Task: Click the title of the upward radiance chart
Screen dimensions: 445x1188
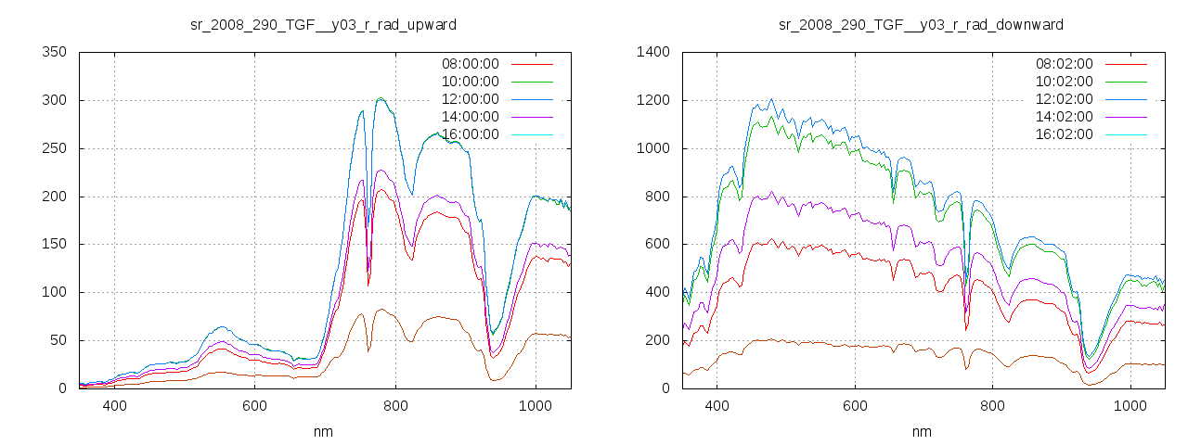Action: pos(323,23)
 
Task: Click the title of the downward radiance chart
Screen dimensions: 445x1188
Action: pos(921,23)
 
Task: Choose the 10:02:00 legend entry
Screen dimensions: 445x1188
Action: pos(1064,82)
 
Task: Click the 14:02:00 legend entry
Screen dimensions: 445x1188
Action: pos(1064,117)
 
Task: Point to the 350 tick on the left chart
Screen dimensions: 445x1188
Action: pos(53,52)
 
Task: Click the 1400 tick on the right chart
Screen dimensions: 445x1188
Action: pos(652,52)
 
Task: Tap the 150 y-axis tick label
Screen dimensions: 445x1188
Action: pos(53,244)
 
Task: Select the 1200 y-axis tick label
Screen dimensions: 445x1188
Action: pos(652,100)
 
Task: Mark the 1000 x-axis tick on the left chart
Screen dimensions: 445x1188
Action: pos(536,405)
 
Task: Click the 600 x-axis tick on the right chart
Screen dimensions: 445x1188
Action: pos(855,405)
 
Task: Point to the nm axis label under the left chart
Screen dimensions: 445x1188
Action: pos(324,431)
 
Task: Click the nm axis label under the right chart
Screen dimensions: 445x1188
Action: pos(922,431)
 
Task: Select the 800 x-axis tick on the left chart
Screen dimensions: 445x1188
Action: pos(395,405)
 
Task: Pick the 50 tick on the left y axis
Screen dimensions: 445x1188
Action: pos(57,340)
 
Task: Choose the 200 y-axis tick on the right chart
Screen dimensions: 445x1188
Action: pos(656,340)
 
